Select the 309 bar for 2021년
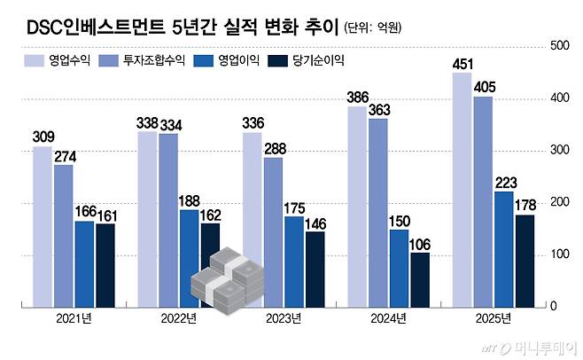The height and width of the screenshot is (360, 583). point(43,226)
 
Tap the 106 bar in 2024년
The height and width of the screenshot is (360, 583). point(420,278)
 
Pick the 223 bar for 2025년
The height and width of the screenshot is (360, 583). point(503,248)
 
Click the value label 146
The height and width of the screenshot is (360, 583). point(315,225)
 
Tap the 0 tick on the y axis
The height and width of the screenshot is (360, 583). point(553,306)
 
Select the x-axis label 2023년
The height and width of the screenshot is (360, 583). point(283,319)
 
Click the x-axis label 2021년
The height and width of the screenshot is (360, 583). point(74,319)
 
